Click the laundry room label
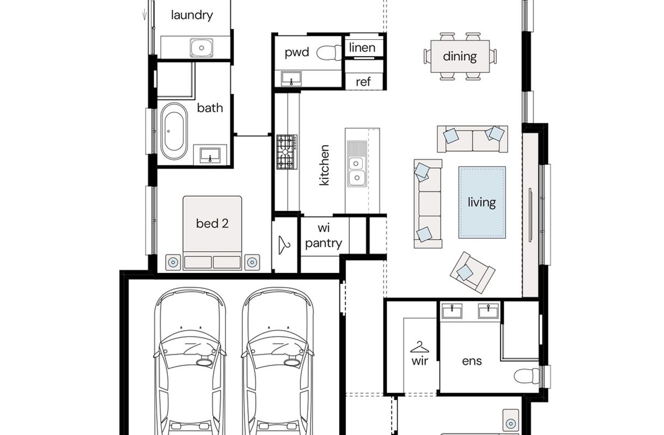tap(192, 15)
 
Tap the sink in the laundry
tap(202, 48)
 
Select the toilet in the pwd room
tap(329, 53)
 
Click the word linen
tap(362, 47)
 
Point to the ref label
tap(363, 82)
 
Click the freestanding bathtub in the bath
tap(174, 132)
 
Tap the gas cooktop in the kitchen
tap(287, 152)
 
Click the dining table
tap(460, 56)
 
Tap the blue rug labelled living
tap(482, 202)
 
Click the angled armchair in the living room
tap(472, 272)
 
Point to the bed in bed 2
tap(212, 233)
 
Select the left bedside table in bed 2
tap(173, 262)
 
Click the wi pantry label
tap(324, 236)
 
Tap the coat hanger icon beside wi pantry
tap(284, 245)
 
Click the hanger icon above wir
tap(419, 347)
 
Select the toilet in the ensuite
tap(526, 376)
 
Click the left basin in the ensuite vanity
tap(452, 311)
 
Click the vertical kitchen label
tap(324, 165)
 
